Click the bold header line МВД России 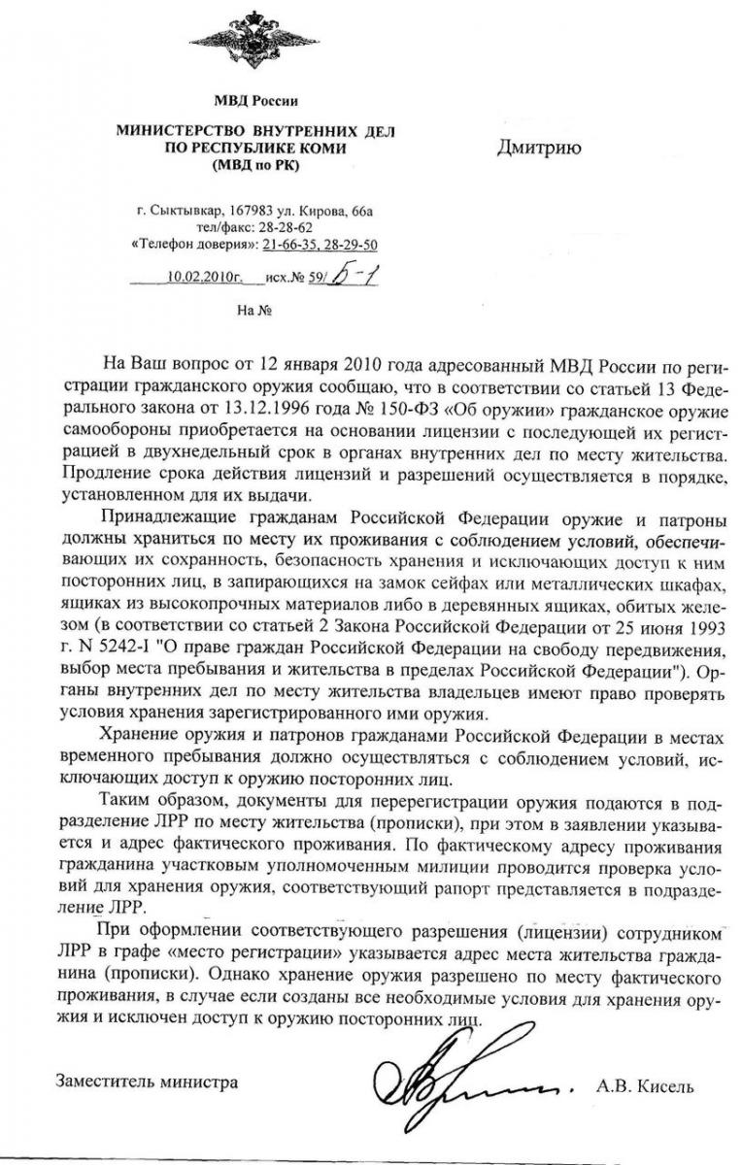tap(255, 101)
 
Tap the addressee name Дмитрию tap(539, 148)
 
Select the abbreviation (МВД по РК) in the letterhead tap(255, 165)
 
